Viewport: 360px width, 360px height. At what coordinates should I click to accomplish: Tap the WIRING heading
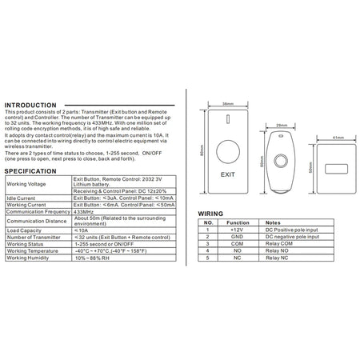pos(210,214)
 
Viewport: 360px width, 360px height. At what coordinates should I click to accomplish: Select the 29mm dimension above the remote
pos(281,125)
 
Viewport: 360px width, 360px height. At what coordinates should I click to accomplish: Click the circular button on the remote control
pos(281,159)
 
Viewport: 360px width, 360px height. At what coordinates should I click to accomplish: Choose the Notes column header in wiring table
pos(274,223)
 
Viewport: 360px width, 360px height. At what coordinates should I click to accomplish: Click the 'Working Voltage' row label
pos(26,183)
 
